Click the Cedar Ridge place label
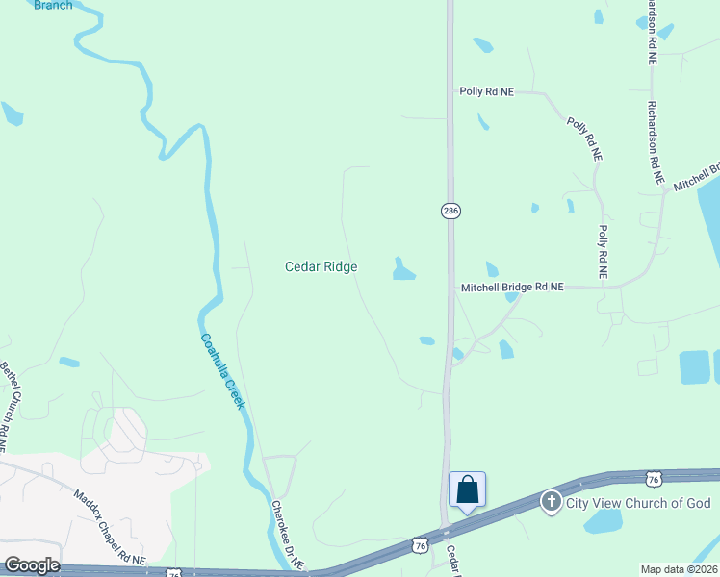pos(321,266)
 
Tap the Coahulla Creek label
pos(223,371)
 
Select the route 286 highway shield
pos(450,211)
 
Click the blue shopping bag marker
pos(467,489)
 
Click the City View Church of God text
pos(638,503)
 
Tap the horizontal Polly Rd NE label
pos(486,91)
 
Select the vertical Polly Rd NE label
pos(603,252)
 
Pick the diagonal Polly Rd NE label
pos(584,138)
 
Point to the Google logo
pos(32,564)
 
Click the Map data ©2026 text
pos(679,569)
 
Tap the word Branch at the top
pos(53,5)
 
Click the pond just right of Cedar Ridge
pos(402,270)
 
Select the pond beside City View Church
pos(604,521)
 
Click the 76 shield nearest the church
pos(654,479)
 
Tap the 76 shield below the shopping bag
pos(419,545)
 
